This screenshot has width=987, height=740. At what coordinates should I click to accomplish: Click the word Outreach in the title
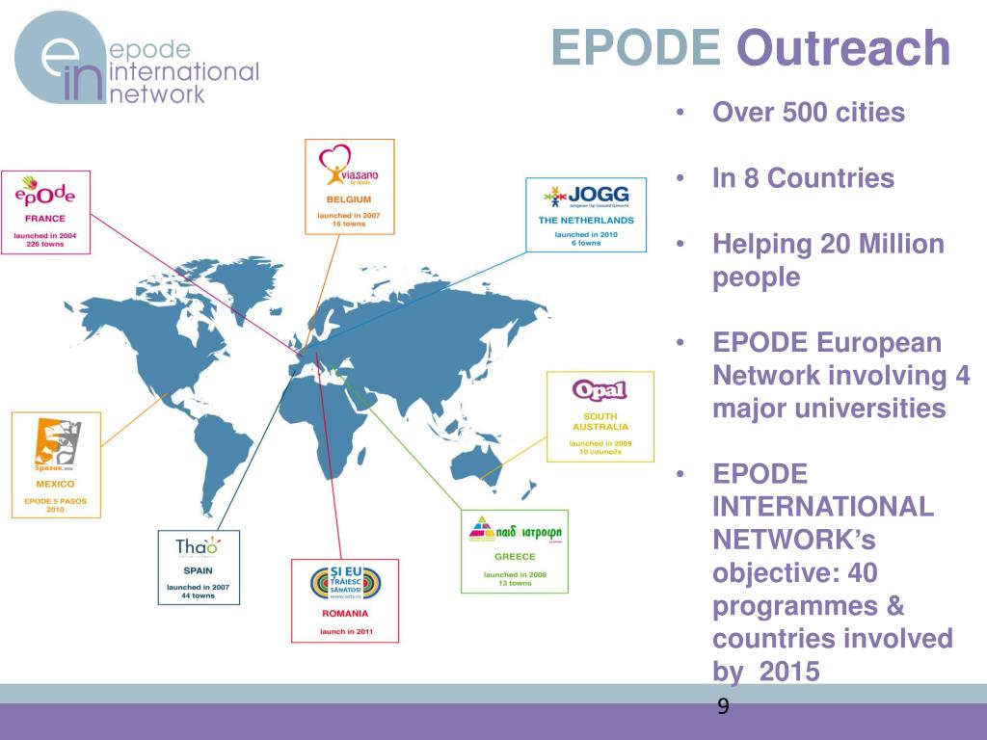point(843,48)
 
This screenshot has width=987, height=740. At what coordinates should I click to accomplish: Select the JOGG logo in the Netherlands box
point(585,197)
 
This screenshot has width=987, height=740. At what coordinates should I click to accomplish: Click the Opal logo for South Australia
point(600,391)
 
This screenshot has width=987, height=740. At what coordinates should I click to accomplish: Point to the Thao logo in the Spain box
point(198,547)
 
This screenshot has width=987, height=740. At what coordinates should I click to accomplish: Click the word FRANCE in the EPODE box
point(45,219)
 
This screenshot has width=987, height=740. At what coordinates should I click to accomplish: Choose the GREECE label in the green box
point(515,557)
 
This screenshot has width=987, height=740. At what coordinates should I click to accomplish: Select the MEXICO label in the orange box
point(55,484)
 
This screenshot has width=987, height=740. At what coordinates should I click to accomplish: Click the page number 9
point(723,708)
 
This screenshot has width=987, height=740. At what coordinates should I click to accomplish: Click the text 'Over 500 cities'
point(809,113)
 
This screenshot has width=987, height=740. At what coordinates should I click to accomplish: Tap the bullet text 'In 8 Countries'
point(803,178)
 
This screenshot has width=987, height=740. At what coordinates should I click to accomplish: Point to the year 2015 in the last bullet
point(789,672)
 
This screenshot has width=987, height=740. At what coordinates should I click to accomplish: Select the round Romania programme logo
point(345,583)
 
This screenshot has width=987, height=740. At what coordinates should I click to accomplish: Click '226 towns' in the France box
point(40,244)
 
